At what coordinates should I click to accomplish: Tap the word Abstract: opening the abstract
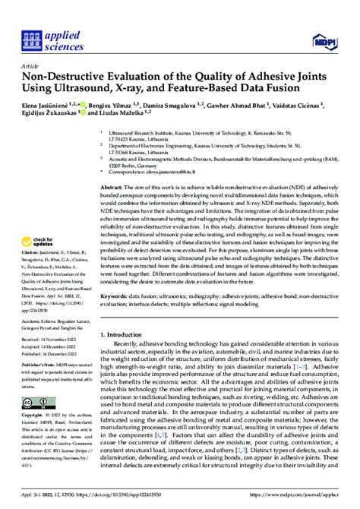(x=113, y=186)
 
